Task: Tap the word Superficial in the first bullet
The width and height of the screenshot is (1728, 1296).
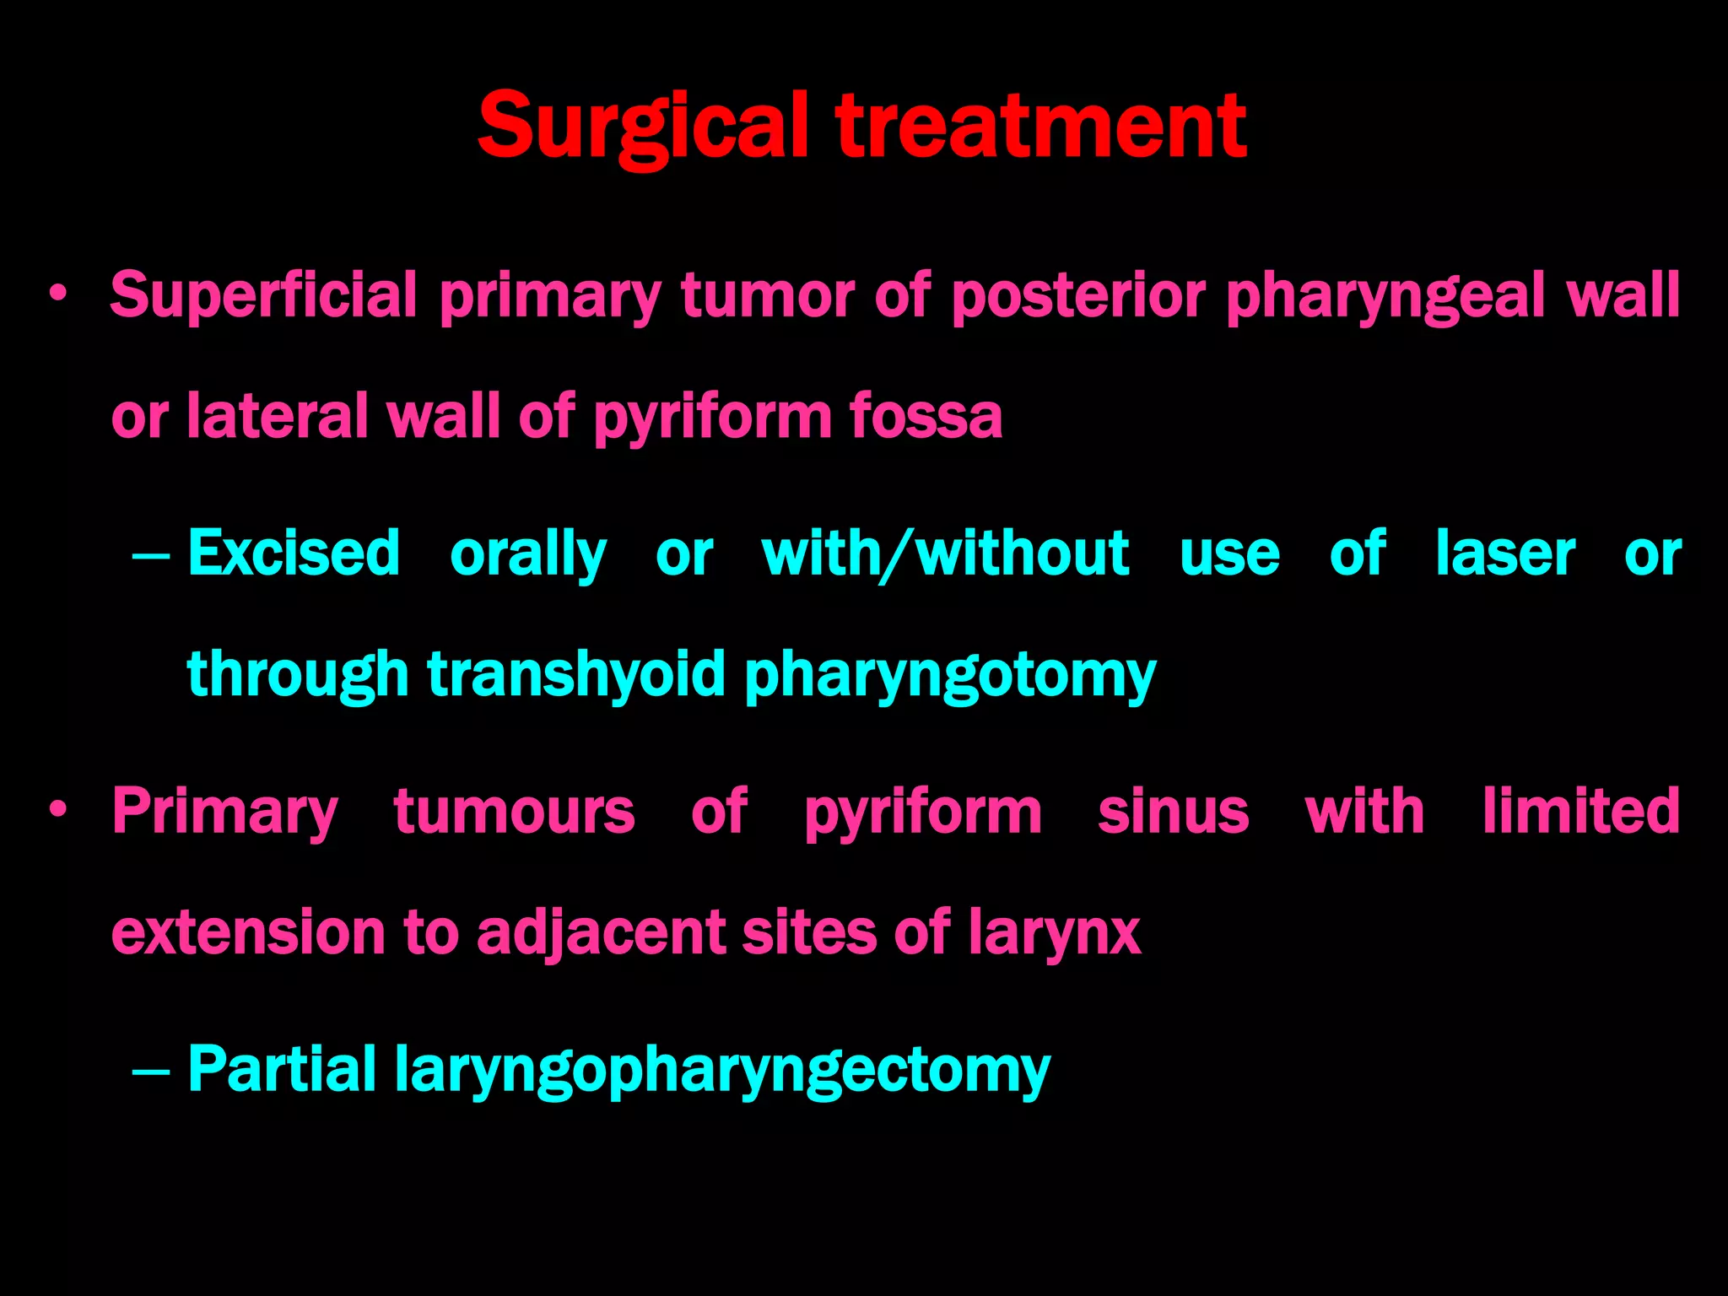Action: tap(263, 295)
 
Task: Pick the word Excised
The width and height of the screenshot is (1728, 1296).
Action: tap(294, 553)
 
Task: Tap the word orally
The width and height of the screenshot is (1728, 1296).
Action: tap(528, 555)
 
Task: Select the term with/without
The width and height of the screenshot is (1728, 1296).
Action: tap(945, 553)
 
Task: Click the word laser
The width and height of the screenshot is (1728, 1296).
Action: tap(1505, 553)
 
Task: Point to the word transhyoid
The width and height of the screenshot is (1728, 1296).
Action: tap(576, 674)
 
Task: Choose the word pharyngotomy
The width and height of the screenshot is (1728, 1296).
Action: tap(950, 676)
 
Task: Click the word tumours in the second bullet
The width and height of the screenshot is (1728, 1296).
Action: tap(514, 812)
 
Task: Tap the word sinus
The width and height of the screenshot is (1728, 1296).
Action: tap(1173, 812)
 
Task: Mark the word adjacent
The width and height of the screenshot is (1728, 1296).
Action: tap(600, 933)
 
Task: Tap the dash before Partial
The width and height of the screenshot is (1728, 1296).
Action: tap(152, 1072)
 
